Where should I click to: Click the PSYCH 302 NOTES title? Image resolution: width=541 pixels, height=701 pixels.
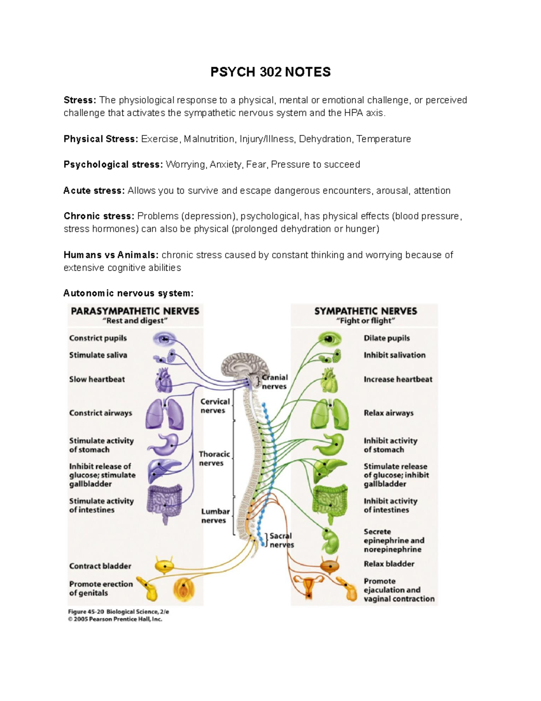pos(270,72)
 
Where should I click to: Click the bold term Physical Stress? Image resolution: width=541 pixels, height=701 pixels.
pos(101,139)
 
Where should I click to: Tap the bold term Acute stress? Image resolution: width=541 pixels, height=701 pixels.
pos(94,190)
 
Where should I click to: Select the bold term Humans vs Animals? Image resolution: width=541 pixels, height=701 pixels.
pos(111,255)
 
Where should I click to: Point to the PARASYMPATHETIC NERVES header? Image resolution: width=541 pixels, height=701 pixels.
pos(135,311)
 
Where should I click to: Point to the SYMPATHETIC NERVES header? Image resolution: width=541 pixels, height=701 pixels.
pos(366,311)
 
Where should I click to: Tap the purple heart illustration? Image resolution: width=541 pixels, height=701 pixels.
pos(163,380)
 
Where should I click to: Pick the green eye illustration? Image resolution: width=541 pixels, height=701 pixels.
pos(329,339)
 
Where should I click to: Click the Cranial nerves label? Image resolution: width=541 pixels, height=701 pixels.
pos(275,382)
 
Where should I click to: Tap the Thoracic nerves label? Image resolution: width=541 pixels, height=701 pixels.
pos(214,459)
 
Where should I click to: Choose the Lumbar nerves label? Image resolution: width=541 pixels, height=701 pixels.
pos(215,516)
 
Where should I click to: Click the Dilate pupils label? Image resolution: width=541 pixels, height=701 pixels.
pos(387,338)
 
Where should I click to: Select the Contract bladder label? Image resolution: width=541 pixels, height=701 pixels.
pos(100,566)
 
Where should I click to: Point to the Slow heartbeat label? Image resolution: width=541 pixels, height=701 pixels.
pos(97,379)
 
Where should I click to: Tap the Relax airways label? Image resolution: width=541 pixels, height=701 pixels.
pos(389,413)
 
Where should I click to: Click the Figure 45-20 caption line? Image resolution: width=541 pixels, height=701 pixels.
pos(119,612)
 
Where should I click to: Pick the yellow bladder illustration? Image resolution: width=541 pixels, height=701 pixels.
pos(165,565)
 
